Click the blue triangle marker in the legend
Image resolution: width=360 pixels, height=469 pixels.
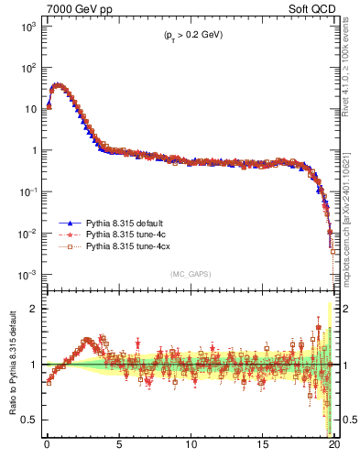69,223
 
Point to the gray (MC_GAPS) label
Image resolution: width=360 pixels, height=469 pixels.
189,273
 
